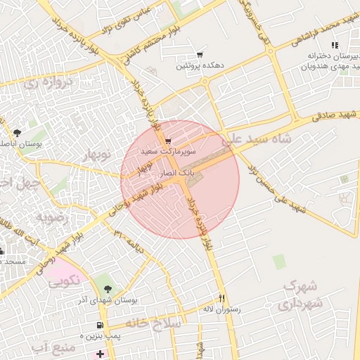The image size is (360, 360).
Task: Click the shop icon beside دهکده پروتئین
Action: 200,55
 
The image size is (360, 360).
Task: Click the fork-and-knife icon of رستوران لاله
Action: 222,297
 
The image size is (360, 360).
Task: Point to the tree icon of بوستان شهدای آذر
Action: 107,289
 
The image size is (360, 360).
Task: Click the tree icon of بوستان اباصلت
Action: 17,132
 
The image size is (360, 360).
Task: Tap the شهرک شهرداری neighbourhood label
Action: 299,295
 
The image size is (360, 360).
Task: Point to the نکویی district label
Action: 63,283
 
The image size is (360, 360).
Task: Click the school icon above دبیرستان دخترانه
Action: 335,45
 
